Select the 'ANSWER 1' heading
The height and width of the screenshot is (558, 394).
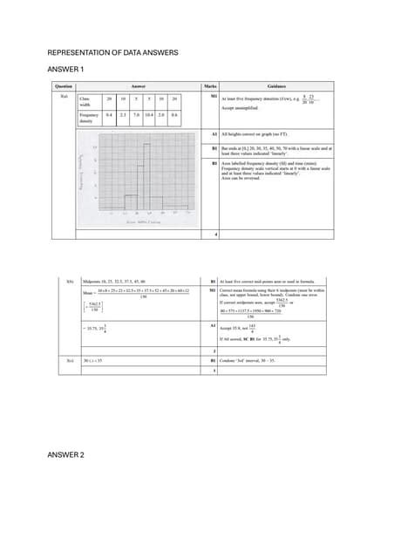(x=65, y=69)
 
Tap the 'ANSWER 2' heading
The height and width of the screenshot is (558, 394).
(x=65, y=455)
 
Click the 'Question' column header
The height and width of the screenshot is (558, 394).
(x=63, y=87)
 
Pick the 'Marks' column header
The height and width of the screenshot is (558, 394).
(x=209, y=87)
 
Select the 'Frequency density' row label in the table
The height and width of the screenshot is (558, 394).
(x=89, y=118)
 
